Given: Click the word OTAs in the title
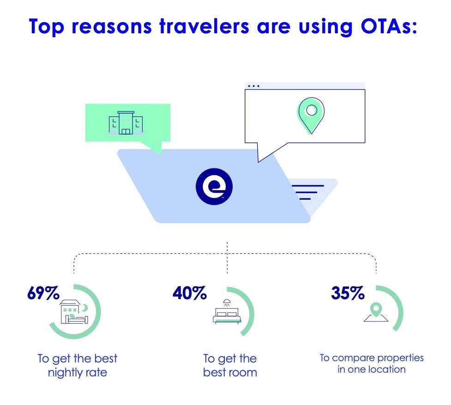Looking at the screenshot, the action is [389, 26].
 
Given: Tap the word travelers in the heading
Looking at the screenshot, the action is [204, 26].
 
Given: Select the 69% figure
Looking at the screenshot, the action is [43, 293].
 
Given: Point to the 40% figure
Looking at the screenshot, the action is [190, 293].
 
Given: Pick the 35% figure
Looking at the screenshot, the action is [348, 293].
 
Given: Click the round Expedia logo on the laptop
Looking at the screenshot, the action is [214, 186].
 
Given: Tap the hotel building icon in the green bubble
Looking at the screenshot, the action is [126, 123].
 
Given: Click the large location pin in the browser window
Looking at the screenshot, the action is [311, 116].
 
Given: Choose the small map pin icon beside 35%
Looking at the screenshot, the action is [376, 312].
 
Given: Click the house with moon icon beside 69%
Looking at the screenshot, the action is [74, 312].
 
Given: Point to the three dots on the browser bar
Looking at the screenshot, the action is [253, 86].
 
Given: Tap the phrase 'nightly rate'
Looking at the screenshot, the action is [78, 373].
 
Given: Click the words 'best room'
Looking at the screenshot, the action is [230, 372].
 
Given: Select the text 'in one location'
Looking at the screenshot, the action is [372, 369].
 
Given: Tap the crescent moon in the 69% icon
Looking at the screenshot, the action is [84, 308].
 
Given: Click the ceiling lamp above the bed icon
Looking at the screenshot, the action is [227, 302].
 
